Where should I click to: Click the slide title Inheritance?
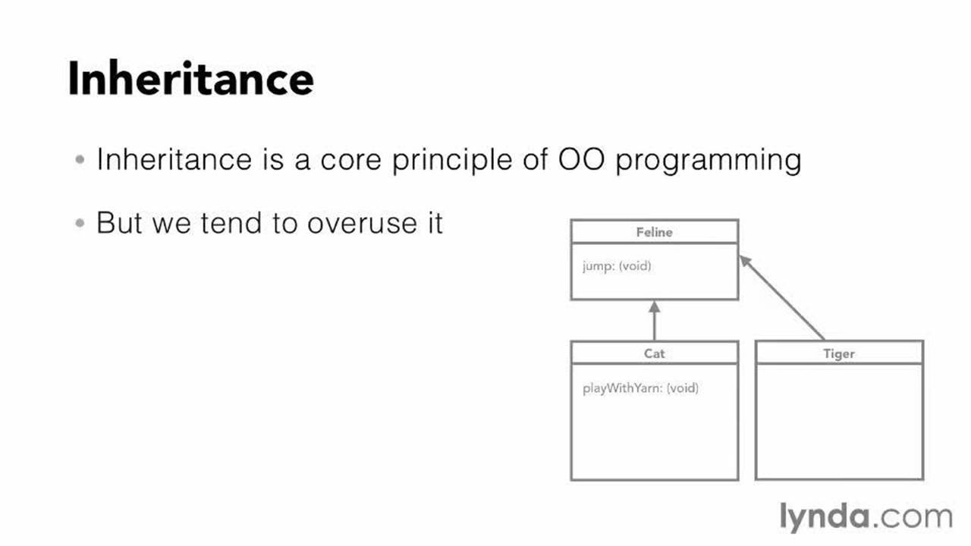coord(190,78)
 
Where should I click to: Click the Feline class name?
coord(654,232)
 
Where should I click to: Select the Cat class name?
coord(654,353)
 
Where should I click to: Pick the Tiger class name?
coord(839,353)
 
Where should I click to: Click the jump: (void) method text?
coord(617,266)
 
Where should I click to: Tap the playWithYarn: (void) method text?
coord(640,388)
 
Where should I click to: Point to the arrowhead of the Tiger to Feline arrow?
coord(745,261)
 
